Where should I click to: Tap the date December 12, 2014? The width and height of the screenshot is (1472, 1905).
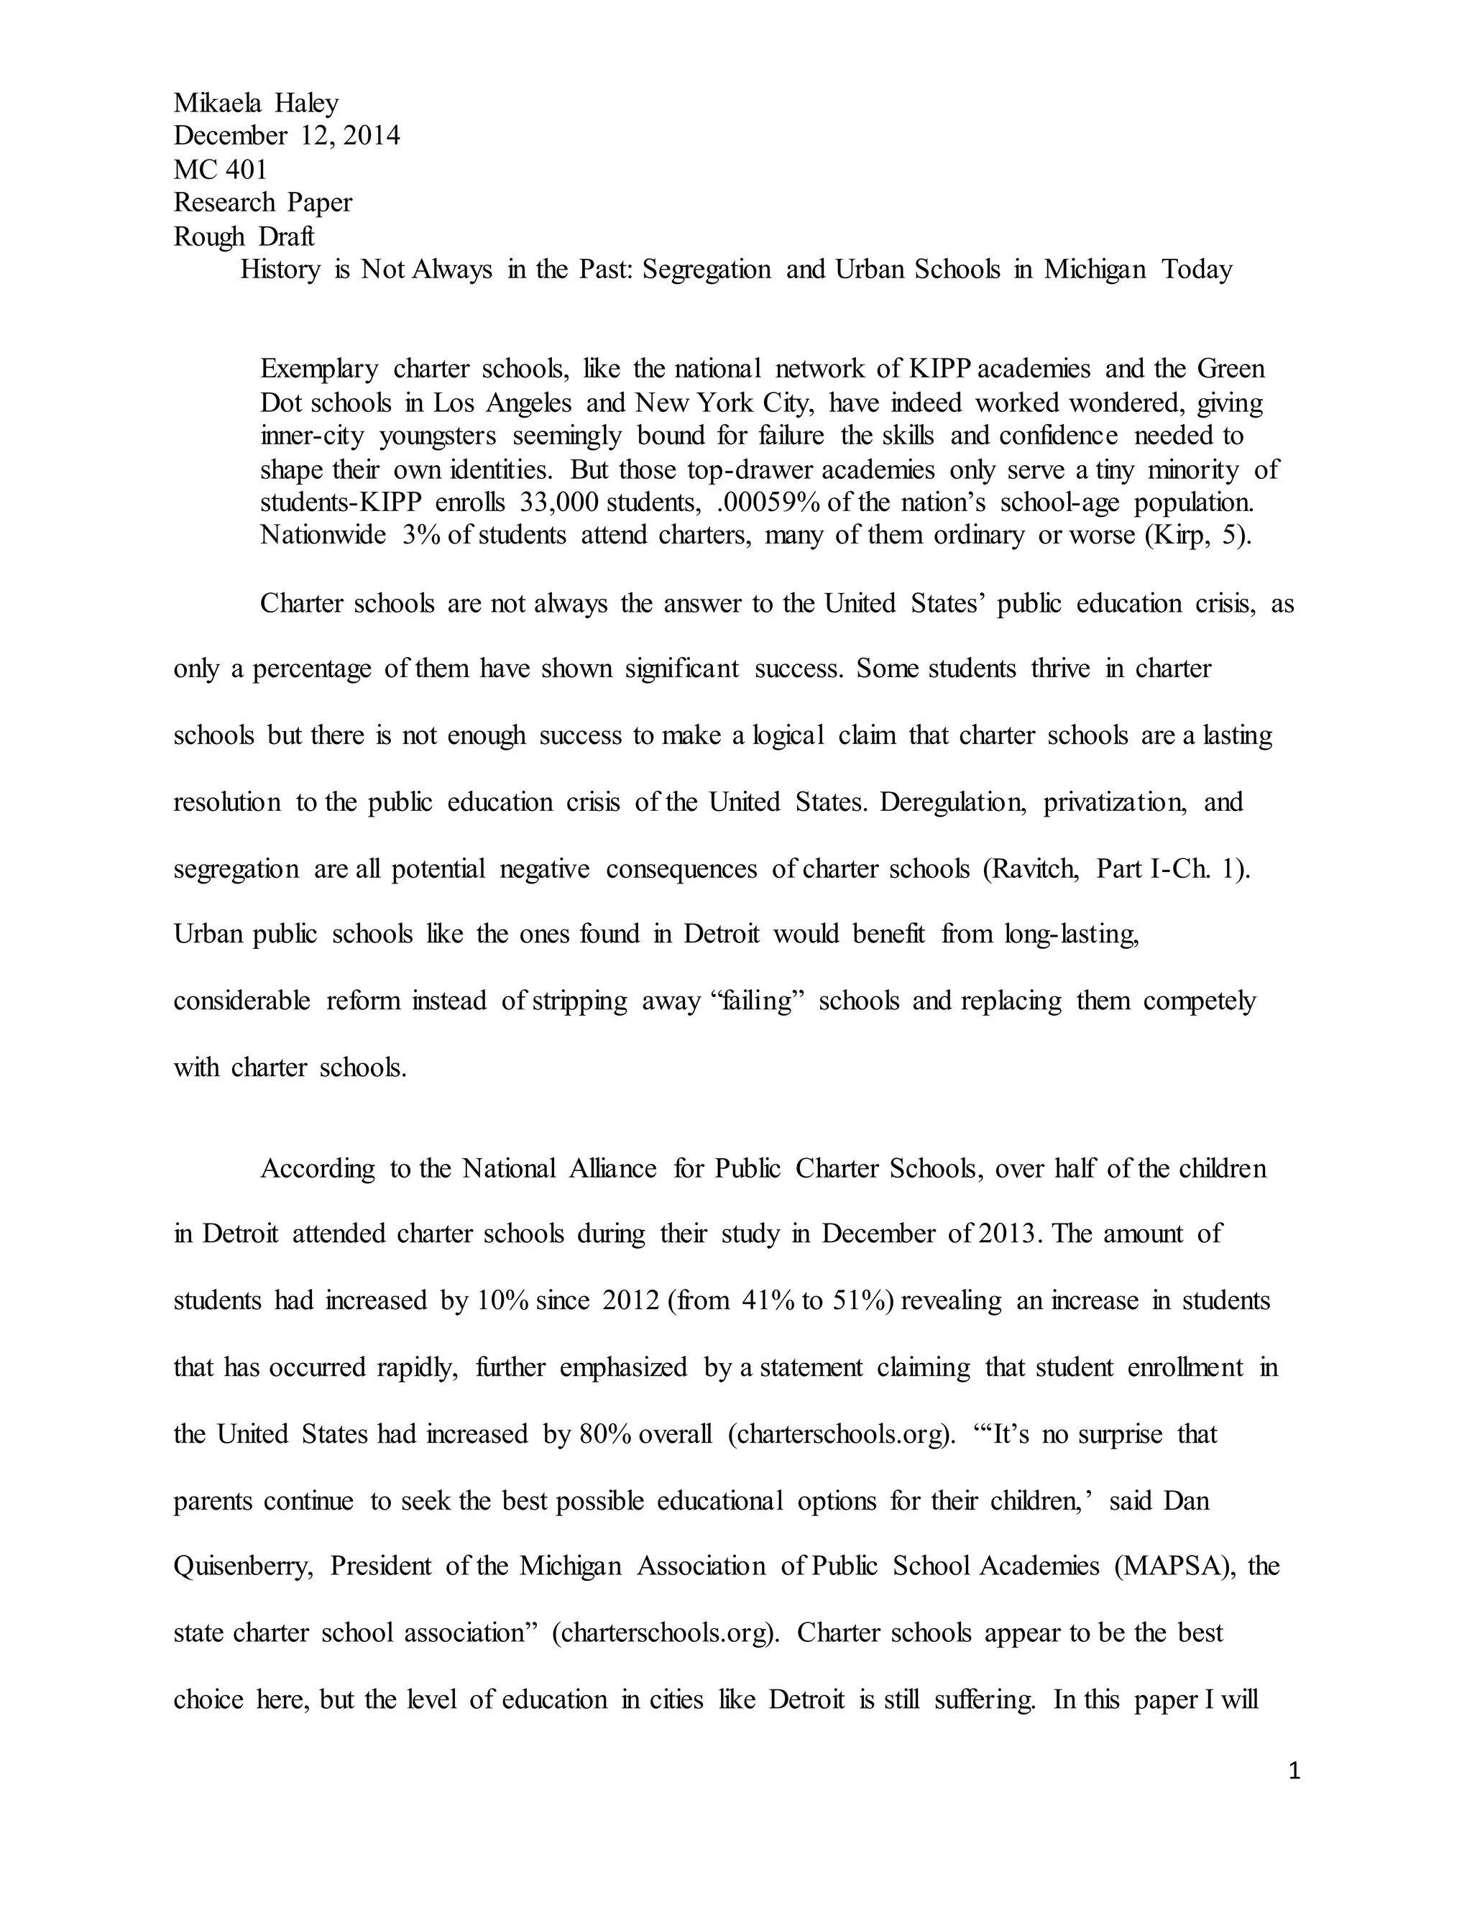pyautogui.click(x=287, y=136)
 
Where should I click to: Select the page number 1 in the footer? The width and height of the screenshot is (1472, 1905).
pyautogui.click(x=1294, y=1771)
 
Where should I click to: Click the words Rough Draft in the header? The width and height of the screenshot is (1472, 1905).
pyautogui.click(x=244, y=237)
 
